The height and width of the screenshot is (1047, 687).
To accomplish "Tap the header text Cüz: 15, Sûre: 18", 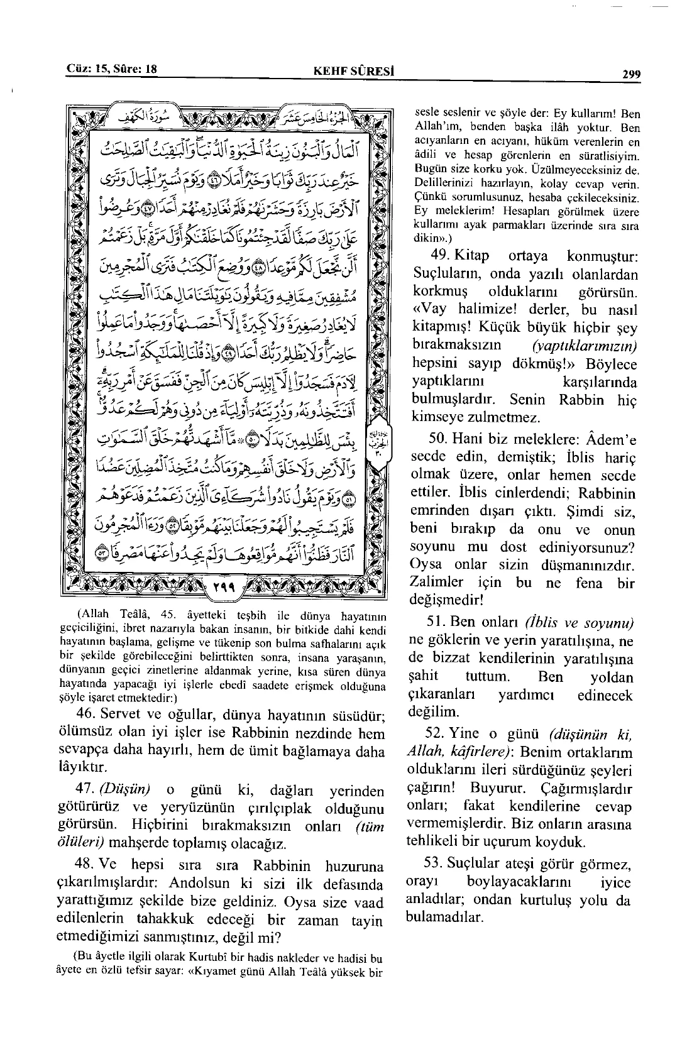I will click(111, 70).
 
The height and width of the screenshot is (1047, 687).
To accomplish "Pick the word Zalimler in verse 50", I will click(436, 582).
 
